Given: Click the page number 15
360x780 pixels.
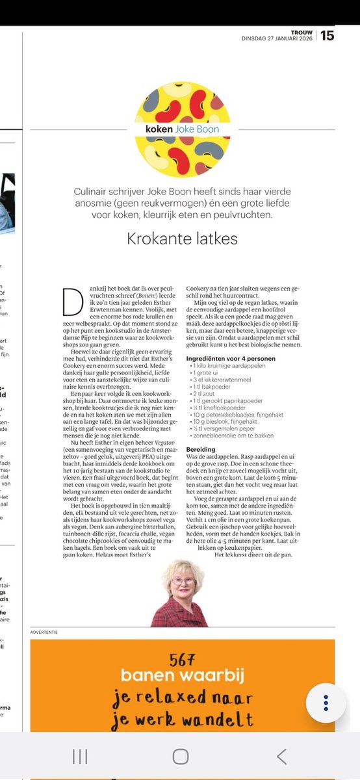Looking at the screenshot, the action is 327,35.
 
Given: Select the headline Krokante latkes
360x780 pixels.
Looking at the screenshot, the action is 183,239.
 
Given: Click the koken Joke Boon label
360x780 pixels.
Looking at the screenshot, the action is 183,129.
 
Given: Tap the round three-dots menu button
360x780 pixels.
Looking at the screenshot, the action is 326,703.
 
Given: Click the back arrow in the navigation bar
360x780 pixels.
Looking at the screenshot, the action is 281,755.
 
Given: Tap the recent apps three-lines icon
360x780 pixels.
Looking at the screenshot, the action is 80,755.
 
